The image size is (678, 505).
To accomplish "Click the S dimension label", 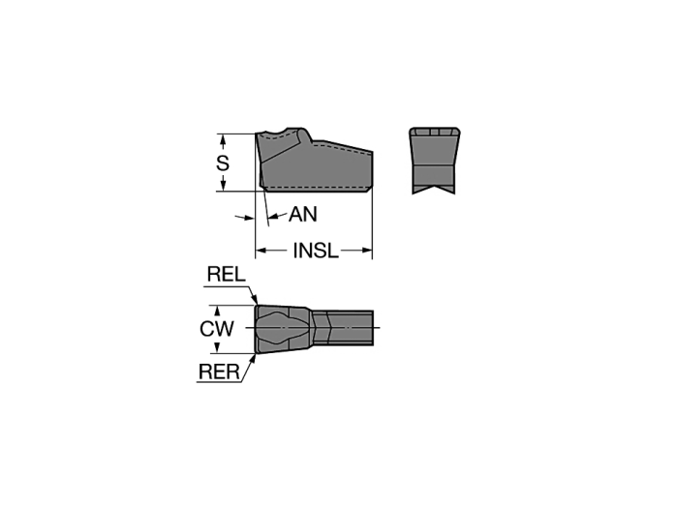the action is coord(222,163).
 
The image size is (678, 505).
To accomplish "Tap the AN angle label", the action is coord(302,214).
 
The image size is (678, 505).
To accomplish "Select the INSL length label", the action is coord(315,251).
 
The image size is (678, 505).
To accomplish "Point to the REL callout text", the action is coord(226,274).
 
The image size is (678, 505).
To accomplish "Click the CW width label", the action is coord(217,329).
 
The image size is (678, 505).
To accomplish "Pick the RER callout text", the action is coord(219,371).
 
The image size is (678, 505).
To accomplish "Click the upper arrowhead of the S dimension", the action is coord(223,139).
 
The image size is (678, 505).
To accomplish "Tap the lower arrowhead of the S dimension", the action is coord(223,186).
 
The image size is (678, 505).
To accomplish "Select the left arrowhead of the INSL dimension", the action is coord(261,251).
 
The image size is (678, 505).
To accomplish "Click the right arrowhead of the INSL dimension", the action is coord(367,251).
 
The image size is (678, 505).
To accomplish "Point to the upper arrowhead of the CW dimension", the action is coord(218,312).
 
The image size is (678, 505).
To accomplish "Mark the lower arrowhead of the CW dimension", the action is coord(218,347).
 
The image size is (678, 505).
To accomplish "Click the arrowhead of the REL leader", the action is coord(255,299).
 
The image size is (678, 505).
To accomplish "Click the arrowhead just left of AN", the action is coord(274,216).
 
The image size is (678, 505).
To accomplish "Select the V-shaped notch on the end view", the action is coord(433,189).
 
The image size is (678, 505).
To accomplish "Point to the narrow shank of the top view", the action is coord(343,328).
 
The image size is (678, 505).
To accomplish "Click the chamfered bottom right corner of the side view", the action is coord(369,189).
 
